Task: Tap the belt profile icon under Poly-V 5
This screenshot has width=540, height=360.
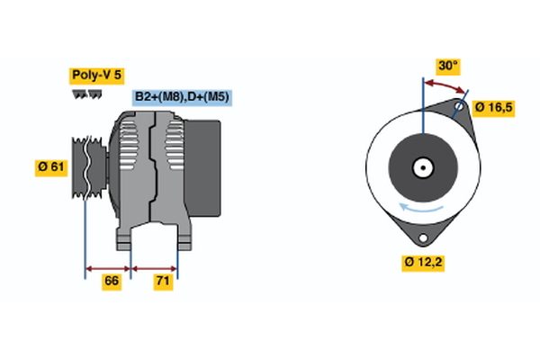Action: tap(86, 94)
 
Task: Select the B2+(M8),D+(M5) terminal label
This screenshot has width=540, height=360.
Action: tap(182, 97)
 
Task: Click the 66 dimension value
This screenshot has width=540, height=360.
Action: tap(112, 282)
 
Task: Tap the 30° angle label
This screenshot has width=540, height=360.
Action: tap(447, 66)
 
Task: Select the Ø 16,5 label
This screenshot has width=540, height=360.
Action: tap(493, 108)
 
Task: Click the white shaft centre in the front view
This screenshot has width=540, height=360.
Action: tap(421, 167)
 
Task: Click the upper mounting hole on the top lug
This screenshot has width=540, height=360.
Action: tap(460, 107)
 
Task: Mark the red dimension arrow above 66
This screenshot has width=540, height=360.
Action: tap(108, 267)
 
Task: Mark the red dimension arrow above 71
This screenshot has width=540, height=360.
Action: tap(155, 267)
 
